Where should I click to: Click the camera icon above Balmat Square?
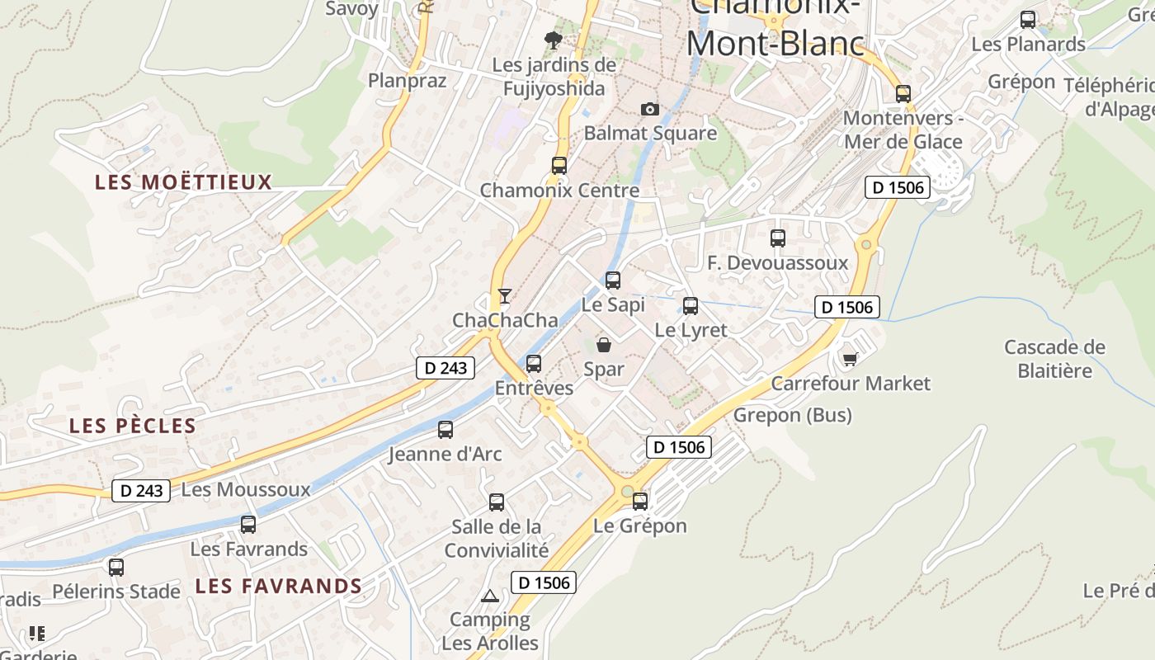tap(650, 109)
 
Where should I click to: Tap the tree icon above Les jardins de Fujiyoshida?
tap(554, 39)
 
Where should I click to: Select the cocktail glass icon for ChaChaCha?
tap(505, 295)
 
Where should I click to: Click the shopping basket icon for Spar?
tap(604, 345)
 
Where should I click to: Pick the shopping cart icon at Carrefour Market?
tap(850, 359)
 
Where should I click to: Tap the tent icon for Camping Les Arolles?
tap(490, 596)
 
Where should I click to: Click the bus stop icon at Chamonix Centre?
tap(559, 165)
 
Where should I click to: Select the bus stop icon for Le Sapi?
tap(612, 280)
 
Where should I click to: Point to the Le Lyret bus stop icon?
tap(691, 306)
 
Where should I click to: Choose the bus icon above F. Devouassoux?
tap(777, 238)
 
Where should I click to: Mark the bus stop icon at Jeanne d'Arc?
tap(445, 429)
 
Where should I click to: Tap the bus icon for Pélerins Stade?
tap(116, 567)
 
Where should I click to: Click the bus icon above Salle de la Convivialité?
tap(497, 502)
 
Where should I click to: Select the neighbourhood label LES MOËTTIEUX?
tap(183, 182)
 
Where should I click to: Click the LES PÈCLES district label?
tap(133, 427)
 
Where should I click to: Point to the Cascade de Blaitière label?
tap(1054, 359)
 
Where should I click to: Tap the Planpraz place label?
tap(407, 81)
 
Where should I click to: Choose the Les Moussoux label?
tap(246, 490)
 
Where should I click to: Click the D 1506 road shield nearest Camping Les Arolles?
tap(543, 582)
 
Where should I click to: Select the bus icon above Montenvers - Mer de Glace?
tap(903, 94)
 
